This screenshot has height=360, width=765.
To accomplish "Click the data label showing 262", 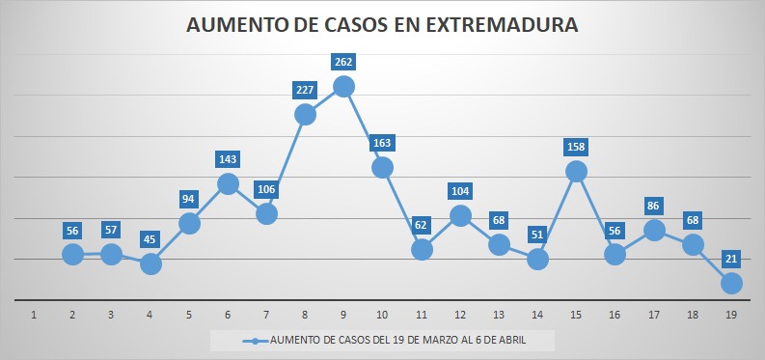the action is pyautogui.click(x=343, y=62).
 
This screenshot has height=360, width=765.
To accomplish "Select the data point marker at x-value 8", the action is pyautogui.click(x=305, y=115).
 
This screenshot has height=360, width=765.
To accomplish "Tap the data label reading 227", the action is pyautogui.click(x=305, y=90).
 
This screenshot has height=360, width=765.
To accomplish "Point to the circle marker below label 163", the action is pyautogui.click(x=382, y=167).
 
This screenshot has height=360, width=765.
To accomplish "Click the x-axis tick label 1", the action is pyautogui.click(x=34, y=316).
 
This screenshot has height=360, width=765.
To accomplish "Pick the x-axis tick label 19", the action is pyautogui.click(x=731, y=316).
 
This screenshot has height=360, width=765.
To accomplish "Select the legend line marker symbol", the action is pyautogui.click(x=256, y=341).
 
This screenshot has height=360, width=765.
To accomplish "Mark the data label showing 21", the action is pyautogui.click(x=731, y=259).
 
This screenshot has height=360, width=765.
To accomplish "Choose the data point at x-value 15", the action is pyautogui.click(x=576, y=171).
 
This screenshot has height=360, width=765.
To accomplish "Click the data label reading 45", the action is pyautogui.click(x=150, y=240).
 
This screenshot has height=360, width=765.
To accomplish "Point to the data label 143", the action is pyautogui.click(x=228, y=159).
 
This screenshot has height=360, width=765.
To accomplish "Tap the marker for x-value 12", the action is pyautogui.click(x=460, y=215).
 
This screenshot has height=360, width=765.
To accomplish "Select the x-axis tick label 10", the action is pyautogui.click(x=382, y=316).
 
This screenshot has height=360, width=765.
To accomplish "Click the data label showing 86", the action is pyautogui.click(x=653, y=206).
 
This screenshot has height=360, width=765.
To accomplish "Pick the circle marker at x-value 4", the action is pyautogui.click(x=150, y=264).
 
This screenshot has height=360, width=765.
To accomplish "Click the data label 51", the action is pyautogui.click(x=537, y=235).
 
